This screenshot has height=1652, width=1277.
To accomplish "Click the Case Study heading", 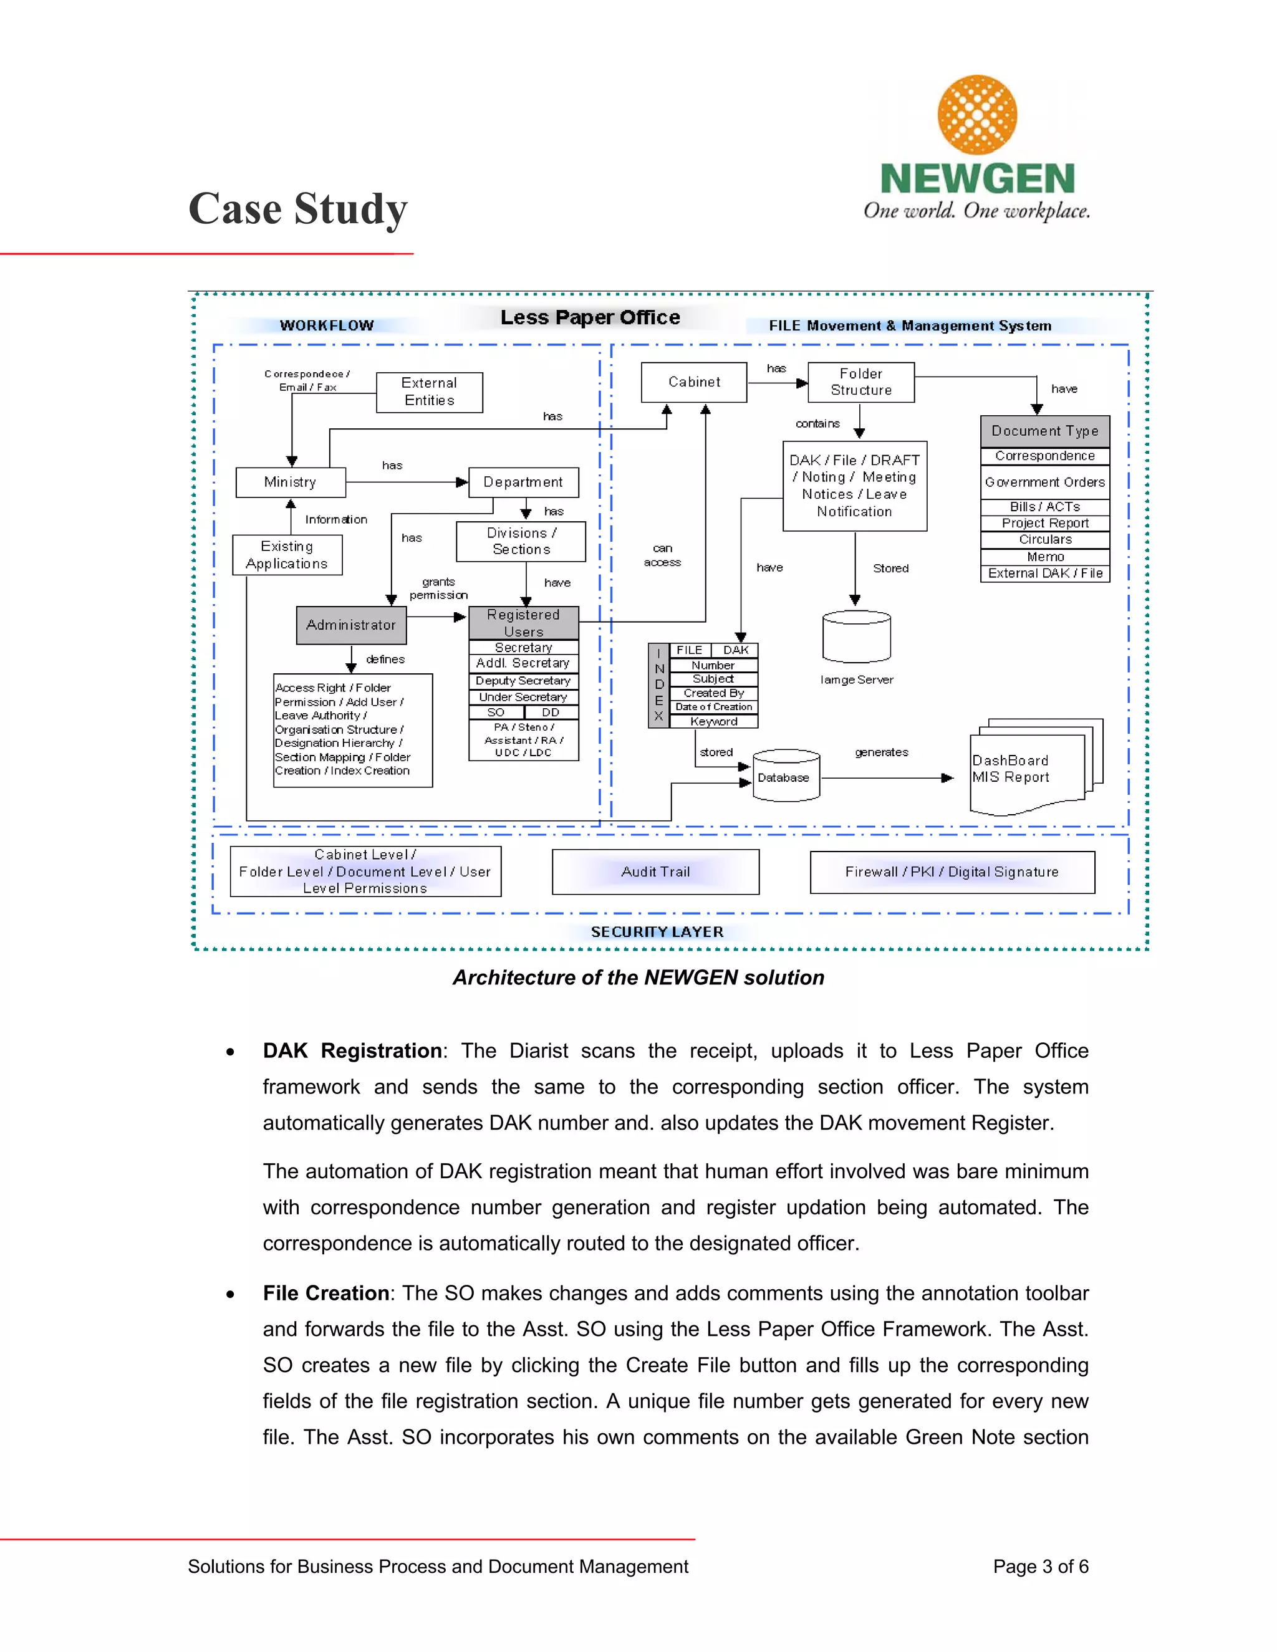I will click(297, 209).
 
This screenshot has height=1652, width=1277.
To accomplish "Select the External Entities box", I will click(429, 392).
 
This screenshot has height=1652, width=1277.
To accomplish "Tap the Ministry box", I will click(291, 482).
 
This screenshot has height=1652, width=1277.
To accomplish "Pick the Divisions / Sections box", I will click(521, 541).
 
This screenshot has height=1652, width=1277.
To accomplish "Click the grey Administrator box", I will click(351, 625).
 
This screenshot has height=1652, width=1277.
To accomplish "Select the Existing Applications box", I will click(287, 554).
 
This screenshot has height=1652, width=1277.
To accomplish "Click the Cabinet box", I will click(694, 382).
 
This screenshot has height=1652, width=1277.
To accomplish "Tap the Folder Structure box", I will click(861, 382).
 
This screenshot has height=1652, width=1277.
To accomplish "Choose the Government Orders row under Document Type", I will click(1045, 482).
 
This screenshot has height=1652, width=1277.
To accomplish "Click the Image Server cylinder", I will click(855, 637).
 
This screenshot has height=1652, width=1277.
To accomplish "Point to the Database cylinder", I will click(786, 776).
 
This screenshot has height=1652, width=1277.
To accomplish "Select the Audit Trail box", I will click(655, 872).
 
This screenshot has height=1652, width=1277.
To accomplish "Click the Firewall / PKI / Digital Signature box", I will click(952, 872).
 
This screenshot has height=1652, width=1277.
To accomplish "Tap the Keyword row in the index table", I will click(713, 722).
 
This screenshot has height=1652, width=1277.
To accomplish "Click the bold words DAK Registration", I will click(352, 1050).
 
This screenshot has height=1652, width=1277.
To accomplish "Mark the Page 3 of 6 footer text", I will click(1040, 1566).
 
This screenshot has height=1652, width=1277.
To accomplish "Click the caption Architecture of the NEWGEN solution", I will click(638, 977).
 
